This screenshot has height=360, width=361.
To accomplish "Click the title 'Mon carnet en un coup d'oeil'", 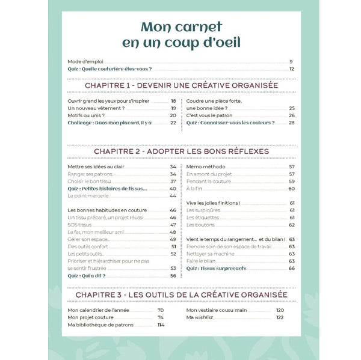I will (x=180, y=35).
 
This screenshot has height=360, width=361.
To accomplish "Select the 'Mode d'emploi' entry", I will (x=82, y=62).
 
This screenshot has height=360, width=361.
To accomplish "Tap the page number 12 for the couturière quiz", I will (x=291, y=69).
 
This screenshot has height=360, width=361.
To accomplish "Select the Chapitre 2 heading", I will (x=180, y=151).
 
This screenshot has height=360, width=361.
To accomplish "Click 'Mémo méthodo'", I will (x=206, y=166).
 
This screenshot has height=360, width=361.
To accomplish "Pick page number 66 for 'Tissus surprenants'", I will (x=291, y=268).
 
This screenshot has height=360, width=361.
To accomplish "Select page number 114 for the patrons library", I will (x=161, y=325).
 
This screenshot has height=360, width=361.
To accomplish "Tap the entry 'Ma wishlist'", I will (x=200, y=317).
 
